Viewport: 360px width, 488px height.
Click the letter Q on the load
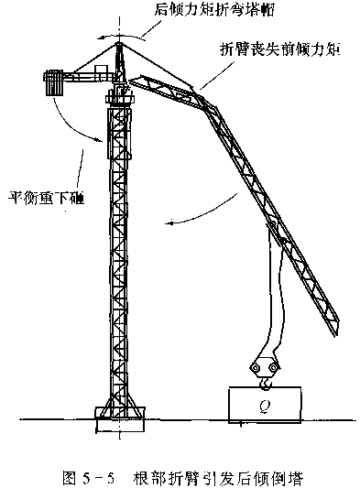[265, 406]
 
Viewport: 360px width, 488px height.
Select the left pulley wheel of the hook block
[256, 368]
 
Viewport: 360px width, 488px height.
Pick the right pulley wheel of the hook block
[273, 368]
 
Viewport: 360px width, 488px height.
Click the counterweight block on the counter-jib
[53, 82]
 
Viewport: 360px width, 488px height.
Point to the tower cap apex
[119, 43]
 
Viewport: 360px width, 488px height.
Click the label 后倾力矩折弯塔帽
[214, 10]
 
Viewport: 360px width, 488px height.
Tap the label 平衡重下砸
[46, 197]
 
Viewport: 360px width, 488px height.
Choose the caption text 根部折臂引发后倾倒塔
[218, 478]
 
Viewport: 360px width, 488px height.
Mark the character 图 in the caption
[69, 478]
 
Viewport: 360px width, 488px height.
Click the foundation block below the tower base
[120, 425]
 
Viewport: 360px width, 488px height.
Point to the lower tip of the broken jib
[336, 333]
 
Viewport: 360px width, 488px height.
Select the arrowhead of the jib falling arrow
[169, 223]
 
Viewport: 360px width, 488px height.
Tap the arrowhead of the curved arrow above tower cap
[100, 38]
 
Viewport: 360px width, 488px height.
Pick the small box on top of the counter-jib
[100, 69]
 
